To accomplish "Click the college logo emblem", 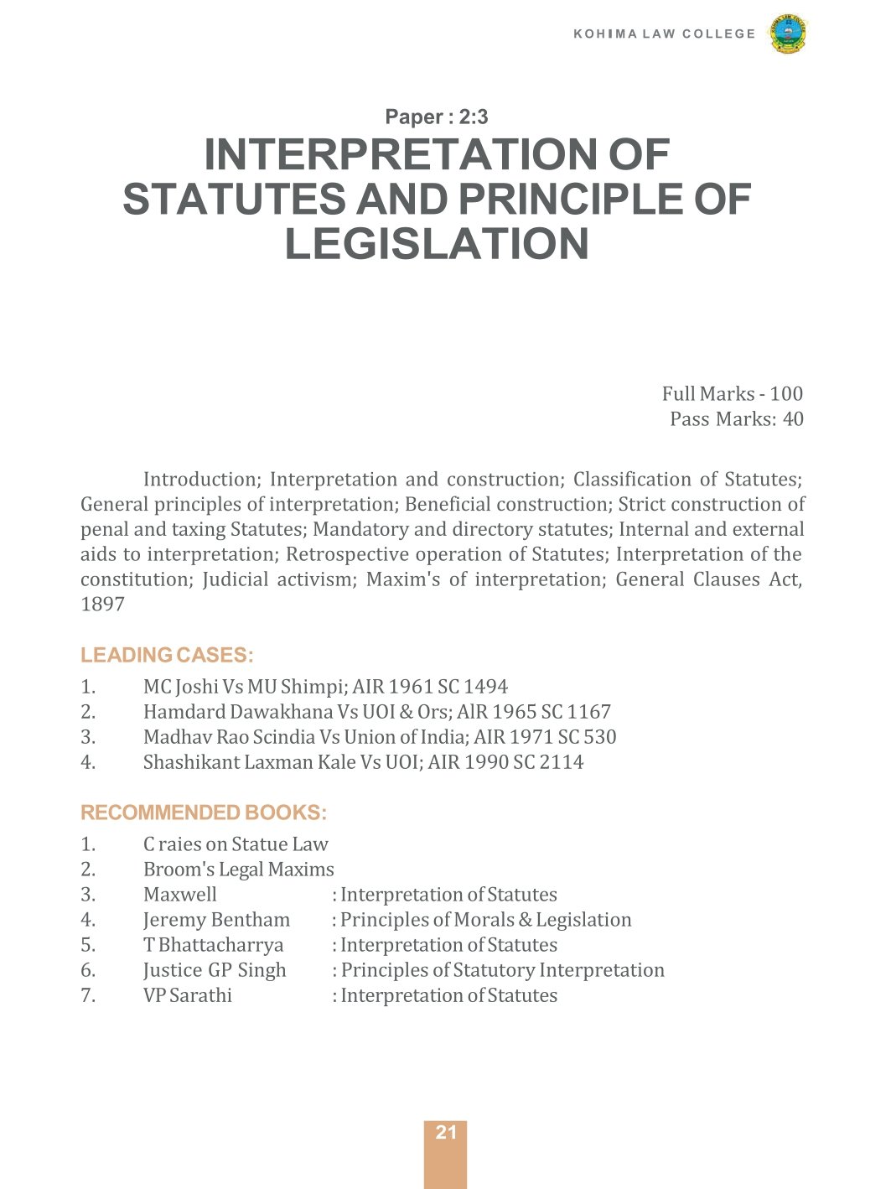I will tap(787, 34).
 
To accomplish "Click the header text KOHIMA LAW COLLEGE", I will tap(664, 34).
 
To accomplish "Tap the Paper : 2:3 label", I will tap(436, 117).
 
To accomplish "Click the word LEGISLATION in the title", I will tap(437, 244).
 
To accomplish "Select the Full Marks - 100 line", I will tap(732, 394).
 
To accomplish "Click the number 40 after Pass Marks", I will tap(792, 419).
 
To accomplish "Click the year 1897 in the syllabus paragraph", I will tap(102, 605).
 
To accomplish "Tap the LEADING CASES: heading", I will tap(167, 656).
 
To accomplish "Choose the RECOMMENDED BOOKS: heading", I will tap(204, 813).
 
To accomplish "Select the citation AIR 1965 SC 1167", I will tap(534, 712).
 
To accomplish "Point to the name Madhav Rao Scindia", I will tap(229, 737).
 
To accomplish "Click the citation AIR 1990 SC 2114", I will tap(505, 762).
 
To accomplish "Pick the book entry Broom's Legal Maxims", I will tap(238, 870).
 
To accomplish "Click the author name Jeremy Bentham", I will tap(216, 920).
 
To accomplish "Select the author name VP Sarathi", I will tap(188, 995).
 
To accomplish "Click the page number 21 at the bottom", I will tap(446, 1133).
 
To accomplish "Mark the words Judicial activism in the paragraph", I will tap(277, 579).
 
